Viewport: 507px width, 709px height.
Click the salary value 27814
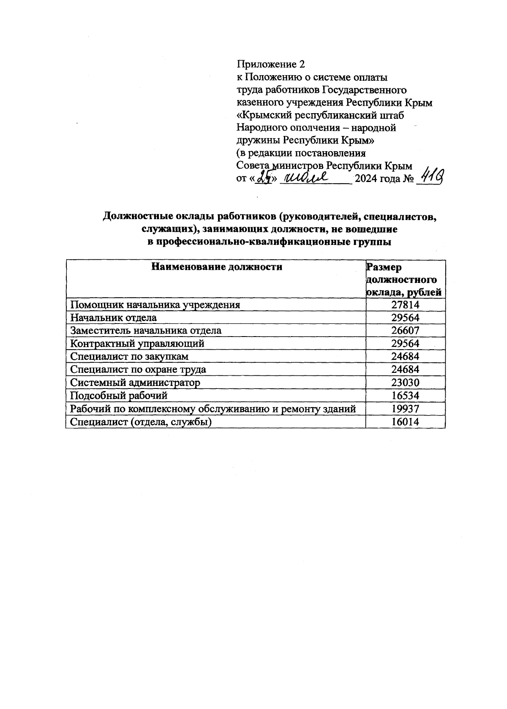pos(405,305)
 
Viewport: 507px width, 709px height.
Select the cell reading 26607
pos(405,331)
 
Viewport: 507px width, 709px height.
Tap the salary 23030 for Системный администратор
pos(405,383)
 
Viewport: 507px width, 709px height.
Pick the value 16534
pos(405,396)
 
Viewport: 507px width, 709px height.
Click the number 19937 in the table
pos(405,409)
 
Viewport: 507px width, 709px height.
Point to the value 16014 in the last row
pos(405,422)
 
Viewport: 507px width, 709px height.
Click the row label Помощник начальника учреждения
pos(155,305)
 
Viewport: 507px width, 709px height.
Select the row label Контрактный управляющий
pos(137,344)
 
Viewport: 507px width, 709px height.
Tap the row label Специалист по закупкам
pos(129,357)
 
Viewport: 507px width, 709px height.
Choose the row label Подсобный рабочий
pos(119,396)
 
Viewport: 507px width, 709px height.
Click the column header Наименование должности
pos(216,267)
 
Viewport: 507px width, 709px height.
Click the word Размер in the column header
pos(384,267)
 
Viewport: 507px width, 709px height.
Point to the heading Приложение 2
pos(270,65)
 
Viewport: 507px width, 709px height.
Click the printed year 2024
pos(366,179)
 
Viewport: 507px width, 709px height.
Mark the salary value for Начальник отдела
pos(405,318)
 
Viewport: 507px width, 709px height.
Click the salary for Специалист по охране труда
pos(405,369)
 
